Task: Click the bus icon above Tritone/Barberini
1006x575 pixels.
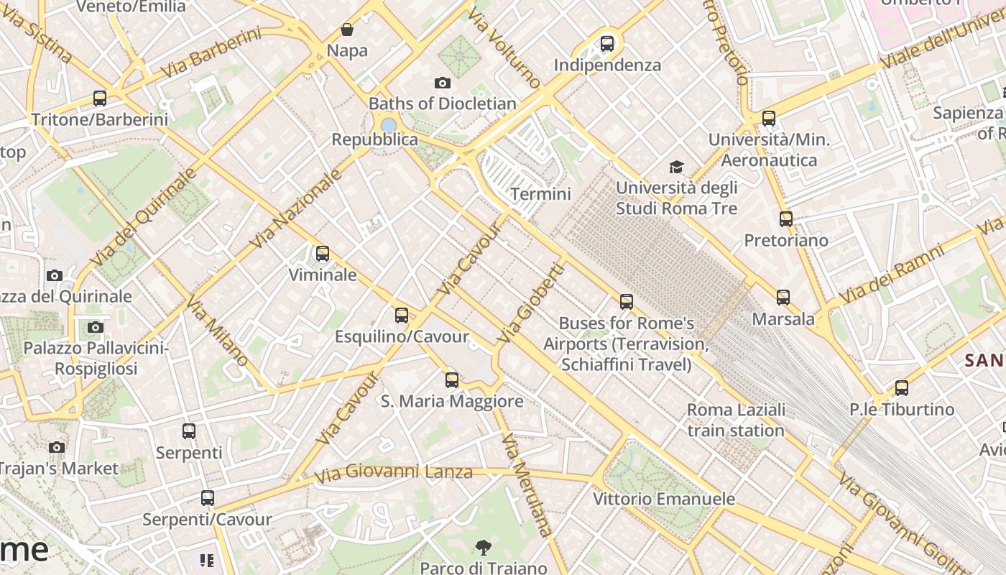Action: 100,98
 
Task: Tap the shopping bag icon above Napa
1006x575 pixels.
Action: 347,29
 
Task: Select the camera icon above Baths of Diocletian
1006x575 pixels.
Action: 443,83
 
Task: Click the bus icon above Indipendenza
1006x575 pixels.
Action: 607,44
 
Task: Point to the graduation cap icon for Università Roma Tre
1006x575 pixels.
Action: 676,167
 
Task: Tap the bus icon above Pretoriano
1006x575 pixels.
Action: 786,219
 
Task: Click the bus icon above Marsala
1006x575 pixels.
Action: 783,298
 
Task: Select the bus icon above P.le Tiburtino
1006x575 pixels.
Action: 902,388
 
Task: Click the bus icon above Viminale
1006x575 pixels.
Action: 323,254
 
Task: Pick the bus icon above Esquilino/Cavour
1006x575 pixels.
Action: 402,316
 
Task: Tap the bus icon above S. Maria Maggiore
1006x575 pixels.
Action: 452,380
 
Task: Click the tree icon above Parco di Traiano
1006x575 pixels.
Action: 483,548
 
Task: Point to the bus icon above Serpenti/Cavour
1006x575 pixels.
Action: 208,498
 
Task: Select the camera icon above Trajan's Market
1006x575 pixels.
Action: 57,447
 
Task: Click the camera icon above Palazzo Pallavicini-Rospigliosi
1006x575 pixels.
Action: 95,328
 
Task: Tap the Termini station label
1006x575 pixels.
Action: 540,194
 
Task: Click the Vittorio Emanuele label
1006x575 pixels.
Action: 663,499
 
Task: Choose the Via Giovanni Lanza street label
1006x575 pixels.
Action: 394,472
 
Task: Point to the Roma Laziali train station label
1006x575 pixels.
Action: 736,420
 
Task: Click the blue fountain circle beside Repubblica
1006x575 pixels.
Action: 389,126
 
